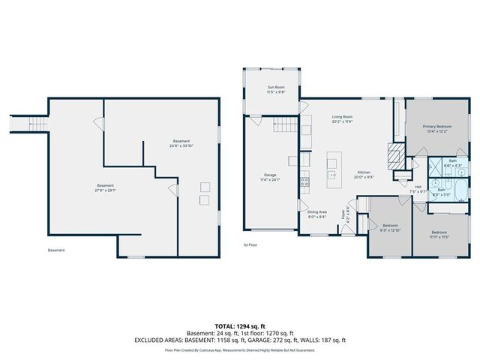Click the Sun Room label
(276, 89)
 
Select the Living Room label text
(343, 118)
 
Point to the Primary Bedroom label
(437, 128)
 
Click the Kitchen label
(364, 174)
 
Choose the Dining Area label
(316, 214)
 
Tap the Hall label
(418, 189)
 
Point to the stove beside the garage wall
(304, 179)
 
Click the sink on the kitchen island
(331, 174)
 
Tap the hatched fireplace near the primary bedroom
(394, 157)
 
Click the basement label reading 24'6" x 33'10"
(181, 143)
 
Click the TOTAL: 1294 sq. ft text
(240, 326)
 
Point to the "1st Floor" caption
(250, 244)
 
